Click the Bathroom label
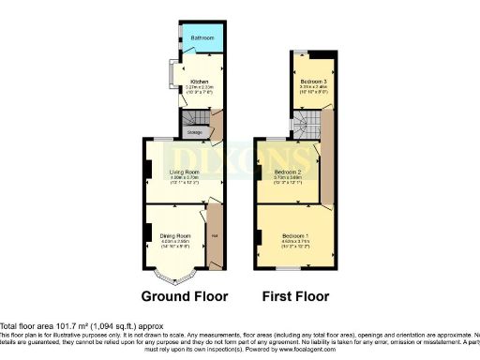click(202, 39)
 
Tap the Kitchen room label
click(199, 82)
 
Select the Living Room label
click(184, 172)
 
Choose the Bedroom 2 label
click(287, 172)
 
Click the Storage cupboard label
click(193, 132)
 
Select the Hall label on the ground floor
click(215, 235)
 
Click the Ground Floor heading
click(184, 297)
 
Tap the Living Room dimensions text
click(184, 181)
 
